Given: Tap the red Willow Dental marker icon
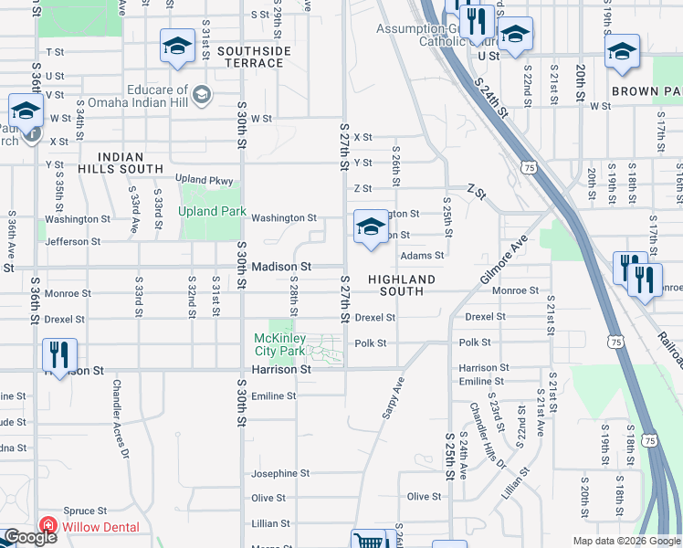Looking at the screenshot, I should coord(47,527).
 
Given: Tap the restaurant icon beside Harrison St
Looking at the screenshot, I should coord(59,353).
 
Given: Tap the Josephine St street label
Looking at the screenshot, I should coord(281,473).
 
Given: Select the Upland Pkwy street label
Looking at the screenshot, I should coord(204,180).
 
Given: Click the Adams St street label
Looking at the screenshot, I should coord(422,256).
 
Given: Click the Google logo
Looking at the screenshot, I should coord(29,537).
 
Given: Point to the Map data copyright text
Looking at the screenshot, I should coord(626,541).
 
